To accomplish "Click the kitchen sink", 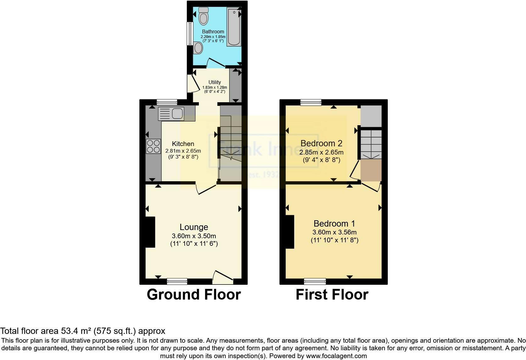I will pyautogui.click(x=171, y=113).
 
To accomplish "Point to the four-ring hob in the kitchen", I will pyautogui.click(x=153, y=146).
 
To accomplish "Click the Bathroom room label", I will pyautogui.click(x=213, y=31).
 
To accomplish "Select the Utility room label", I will pyautogui.click(x=215, y=82).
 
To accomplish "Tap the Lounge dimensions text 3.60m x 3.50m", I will pyautogui.click(x=194, y=236).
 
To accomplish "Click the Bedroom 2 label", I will pyautogui.click(x=321, y=143).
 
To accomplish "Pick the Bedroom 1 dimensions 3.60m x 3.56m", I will pyautogui.click(x=334, y=233).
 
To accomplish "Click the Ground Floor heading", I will pyautogui.click(x=194, y=295).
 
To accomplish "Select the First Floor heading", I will pyautogui.click(x=332, y=295).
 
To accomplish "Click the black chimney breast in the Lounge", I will pyautogui.click(x=150, y=232).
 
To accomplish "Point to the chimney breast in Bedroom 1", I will pyautogui.click(x=290, y=232).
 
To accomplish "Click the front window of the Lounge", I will pyautogui.click(x=177, y=281).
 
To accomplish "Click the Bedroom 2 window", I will pyautogui.click(x=311, y=102).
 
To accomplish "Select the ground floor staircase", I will pyautogui.click(x=231, y=138).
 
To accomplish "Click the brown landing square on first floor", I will pyautogui.click(x=371, y=170).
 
